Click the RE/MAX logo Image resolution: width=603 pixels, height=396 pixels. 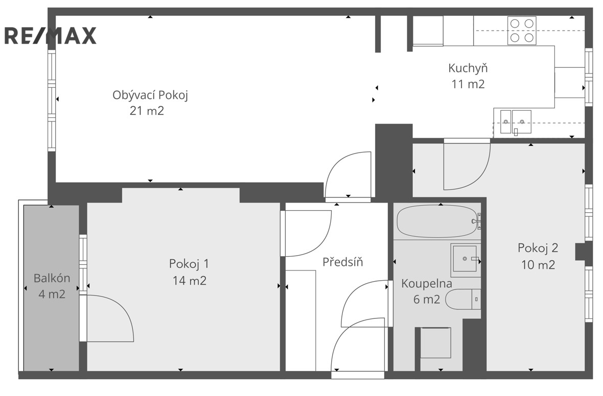tap(51, 36)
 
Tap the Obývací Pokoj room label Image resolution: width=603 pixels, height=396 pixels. tap(150, 95)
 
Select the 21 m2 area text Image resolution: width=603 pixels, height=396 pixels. tap(147, 111)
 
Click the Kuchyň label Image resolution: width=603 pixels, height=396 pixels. tap(468, 68)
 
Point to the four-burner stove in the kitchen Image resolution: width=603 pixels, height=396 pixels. tap(522, 30)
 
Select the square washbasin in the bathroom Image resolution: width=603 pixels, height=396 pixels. tap(466, 260)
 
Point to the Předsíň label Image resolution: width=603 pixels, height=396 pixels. tap(343, 262)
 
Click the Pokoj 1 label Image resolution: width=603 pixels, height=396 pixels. tap(189, 264)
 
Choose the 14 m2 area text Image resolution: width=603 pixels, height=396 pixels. tap(189, 281)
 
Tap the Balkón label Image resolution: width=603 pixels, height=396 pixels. tap(52, 278)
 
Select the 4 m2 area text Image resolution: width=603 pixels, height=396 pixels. tap(52, 294)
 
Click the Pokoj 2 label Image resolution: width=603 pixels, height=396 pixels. tap(538, 248)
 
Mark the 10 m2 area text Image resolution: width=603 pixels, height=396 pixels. tap(538, 265)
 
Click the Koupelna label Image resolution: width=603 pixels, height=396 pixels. tap(427, 283)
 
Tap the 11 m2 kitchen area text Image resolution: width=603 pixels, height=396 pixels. tap(468, 84)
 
